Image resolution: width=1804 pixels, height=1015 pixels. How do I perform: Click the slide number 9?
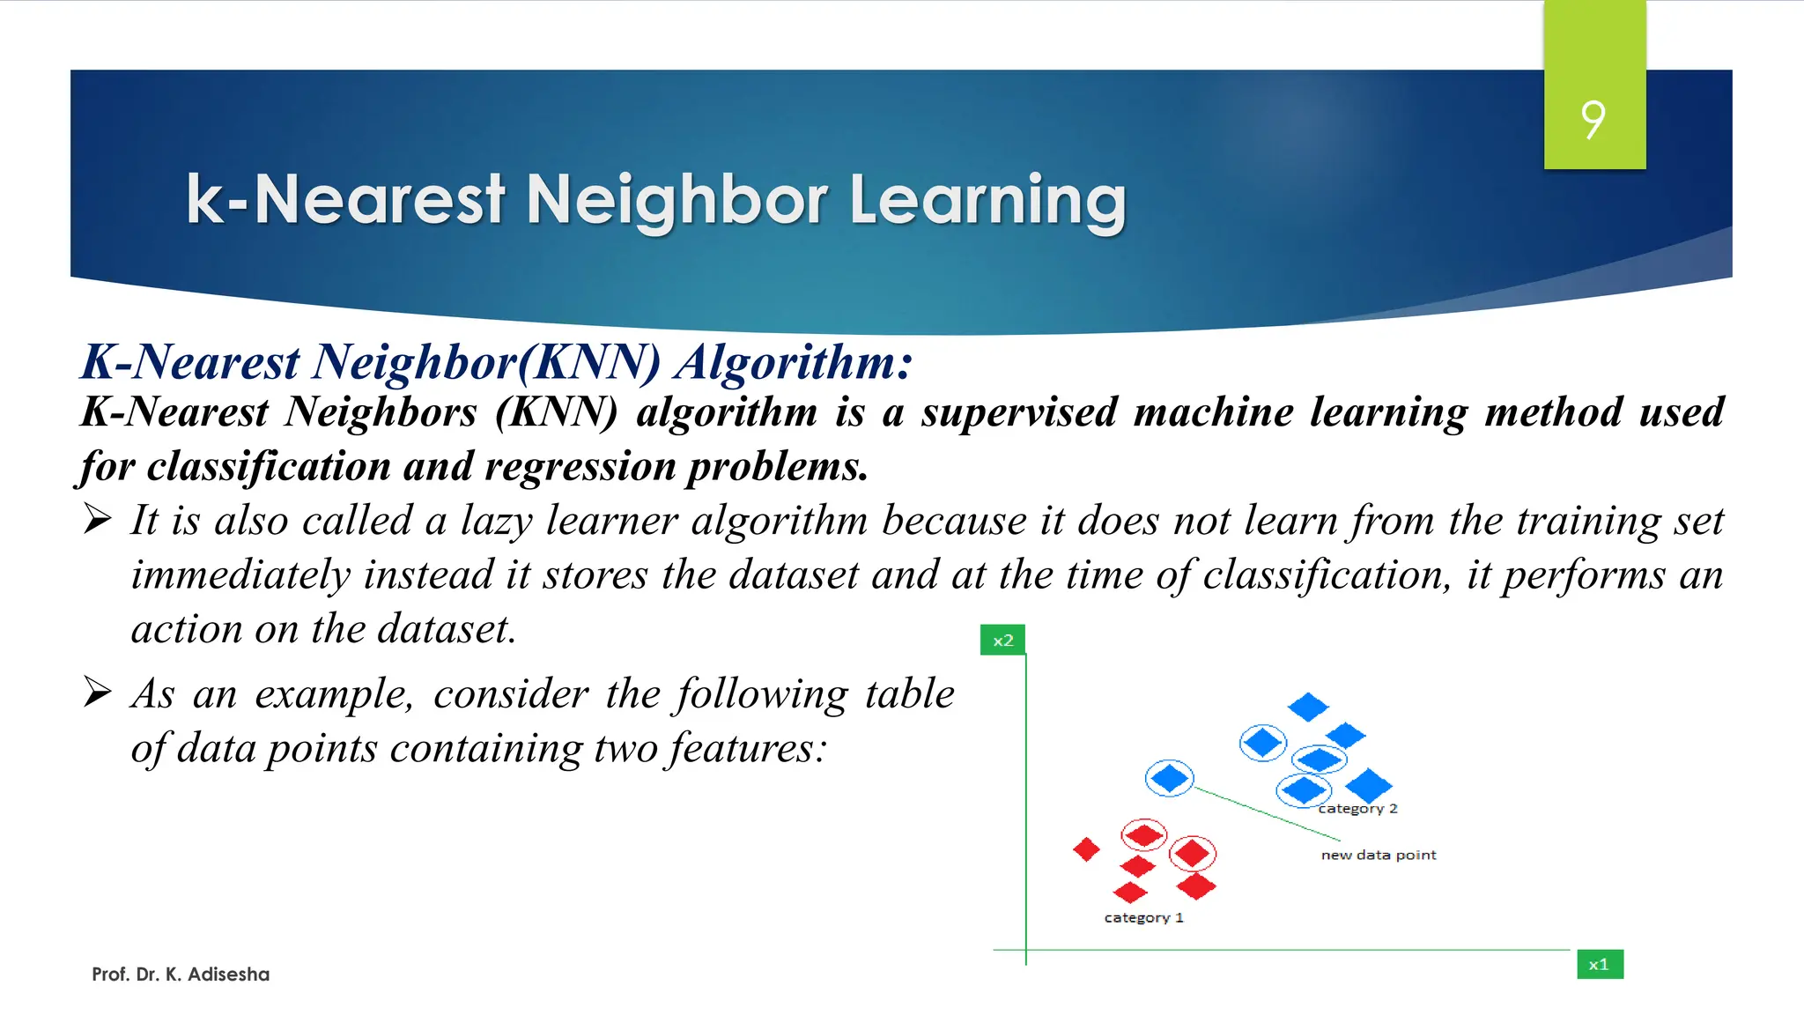point(1593,120)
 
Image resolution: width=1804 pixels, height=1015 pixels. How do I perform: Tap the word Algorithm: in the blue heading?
point(794,362)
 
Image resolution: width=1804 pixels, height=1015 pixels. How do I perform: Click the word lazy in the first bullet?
point(496,521)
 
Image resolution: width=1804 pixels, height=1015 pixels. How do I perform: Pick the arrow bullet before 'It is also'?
point(98,519)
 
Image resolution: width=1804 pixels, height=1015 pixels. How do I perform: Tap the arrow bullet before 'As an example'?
point(98,693)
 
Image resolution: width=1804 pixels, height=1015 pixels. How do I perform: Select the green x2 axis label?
point(1002,641)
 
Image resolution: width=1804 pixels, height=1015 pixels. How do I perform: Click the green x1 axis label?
point(1599,965)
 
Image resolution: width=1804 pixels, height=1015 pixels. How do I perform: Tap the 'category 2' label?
point(1357,809)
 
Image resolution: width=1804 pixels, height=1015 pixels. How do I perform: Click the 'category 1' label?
point(1143,918)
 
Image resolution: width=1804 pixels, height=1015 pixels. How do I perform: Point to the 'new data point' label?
point(1379,856)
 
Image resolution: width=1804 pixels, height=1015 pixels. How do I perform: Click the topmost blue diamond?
point(1307,707)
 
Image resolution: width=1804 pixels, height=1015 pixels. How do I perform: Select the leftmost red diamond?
point(1086,849)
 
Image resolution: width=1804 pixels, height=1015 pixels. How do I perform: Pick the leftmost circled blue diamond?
point(1169,778)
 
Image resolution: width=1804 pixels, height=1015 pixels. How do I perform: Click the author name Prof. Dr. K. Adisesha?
point(181,974)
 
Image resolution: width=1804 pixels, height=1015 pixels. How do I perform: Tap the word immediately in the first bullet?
point(240,575)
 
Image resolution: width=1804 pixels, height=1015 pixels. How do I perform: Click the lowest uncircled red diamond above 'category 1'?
point(1130,893)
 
